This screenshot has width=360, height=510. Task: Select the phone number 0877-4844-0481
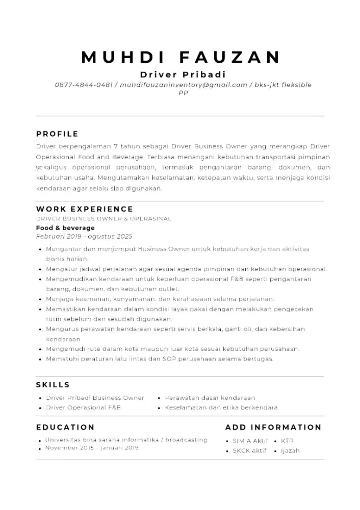pyautogui.click(x=84, y=85)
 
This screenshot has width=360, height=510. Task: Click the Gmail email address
pyautogui.click(x=184, y=85)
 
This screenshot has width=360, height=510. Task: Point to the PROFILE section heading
pyautogui.click(x=57, y=134)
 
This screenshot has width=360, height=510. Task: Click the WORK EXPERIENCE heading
pyautogui.click(x=85, y=209)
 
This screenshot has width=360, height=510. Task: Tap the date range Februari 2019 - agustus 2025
pyautogui.click(x=84, y=236)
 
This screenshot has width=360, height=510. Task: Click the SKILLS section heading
pyautogui.click(x=53, y=385)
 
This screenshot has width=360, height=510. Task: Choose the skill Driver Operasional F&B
pyautogui.click(x=83, y=407)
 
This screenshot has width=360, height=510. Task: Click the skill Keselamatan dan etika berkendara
pyautogui.click(x=221, y=407)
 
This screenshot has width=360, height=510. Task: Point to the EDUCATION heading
pyautogui.click(x=65, y=427)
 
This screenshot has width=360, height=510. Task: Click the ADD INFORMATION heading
pyautogui.click(x=273, y=427)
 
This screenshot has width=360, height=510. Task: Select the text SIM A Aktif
pyautogui.click(x=250, y=441)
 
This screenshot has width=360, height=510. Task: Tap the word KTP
pyautogui.click(x=287, y=441)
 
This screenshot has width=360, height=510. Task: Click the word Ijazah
pyautogui.click(x=290, y=451)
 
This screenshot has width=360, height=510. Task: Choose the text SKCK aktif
pyautogui.click(x=249, y=451)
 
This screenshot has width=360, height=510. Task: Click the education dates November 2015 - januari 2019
pyautogui.click(x=92, y=448)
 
